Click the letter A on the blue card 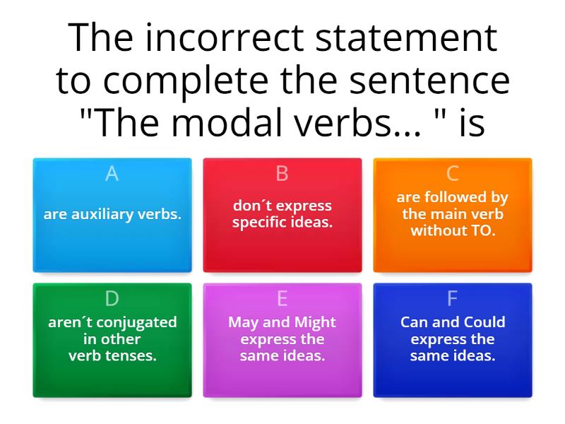pyautogui.click(x=112, y=174)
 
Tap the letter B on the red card pyautogui.click(x=282, y=174)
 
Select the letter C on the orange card pyautogui.click(x=453, y=174)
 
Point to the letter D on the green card pyautogui.click(x=112, y=299)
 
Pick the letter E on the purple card pyautogui.click(x=282, y=299)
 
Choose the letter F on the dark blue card pyautogui.click(x=453, y=299)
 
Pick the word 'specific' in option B pyautogui.click(x=258, y=223)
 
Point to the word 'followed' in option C pyautogui.click(x=472, y=198)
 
